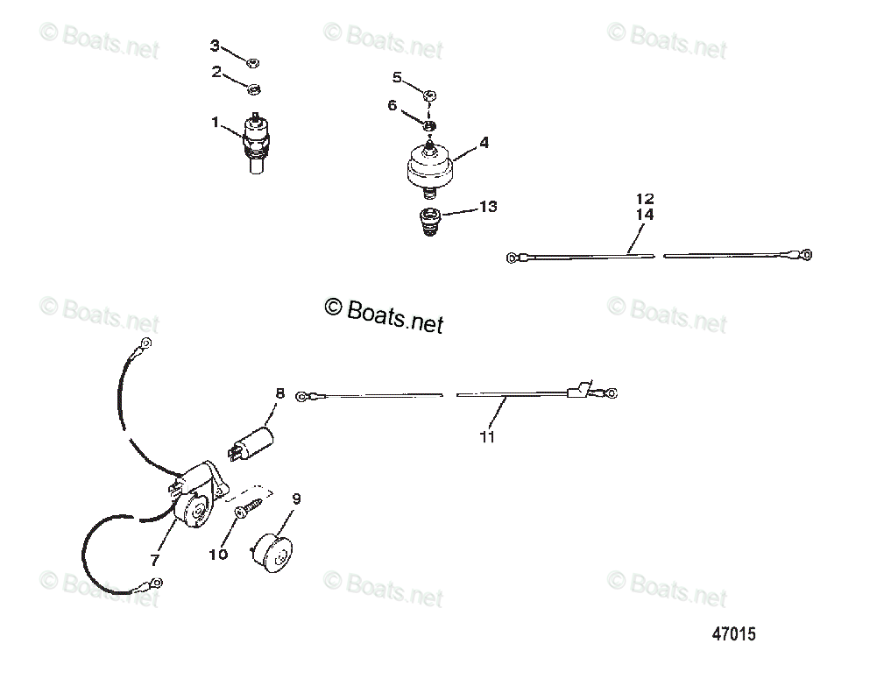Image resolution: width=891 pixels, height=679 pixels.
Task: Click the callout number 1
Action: (216, 123)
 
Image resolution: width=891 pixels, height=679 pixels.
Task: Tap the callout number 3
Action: (216, 45)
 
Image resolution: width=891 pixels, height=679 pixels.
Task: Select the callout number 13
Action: (488, 207)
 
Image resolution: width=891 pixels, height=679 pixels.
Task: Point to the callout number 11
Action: (488, 436)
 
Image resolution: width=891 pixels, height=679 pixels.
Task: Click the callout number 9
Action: (296, 499)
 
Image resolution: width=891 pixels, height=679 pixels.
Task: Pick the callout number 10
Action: (218, 554)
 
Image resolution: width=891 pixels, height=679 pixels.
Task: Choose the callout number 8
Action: (280, 394)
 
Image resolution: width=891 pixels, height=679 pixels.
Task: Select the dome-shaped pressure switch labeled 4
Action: (430, 166)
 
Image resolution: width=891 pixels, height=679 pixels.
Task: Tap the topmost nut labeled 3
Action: (251, 62)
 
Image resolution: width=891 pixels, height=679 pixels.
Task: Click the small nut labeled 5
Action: (430, 95)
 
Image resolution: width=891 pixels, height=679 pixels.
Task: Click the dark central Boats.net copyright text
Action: (385, 314)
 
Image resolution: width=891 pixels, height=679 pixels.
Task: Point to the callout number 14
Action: (646, 214)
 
